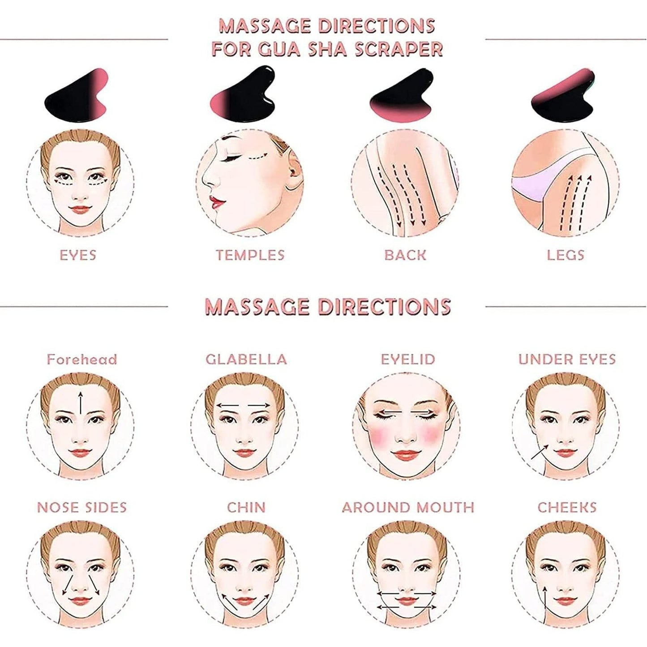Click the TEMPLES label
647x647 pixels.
(x=250, y=255)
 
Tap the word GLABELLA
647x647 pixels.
(x=246, y=359)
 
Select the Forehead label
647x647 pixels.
(x=82, y=359)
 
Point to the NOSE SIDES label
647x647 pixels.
(x=82, y=507)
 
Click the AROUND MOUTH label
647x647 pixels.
(x=408, y=507)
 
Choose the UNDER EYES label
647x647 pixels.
(x=567, y=359)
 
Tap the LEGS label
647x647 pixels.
(x=566, y=255)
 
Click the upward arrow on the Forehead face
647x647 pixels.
(x=80, y=403)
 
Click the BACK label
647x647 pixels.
(x=405, y=255)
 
